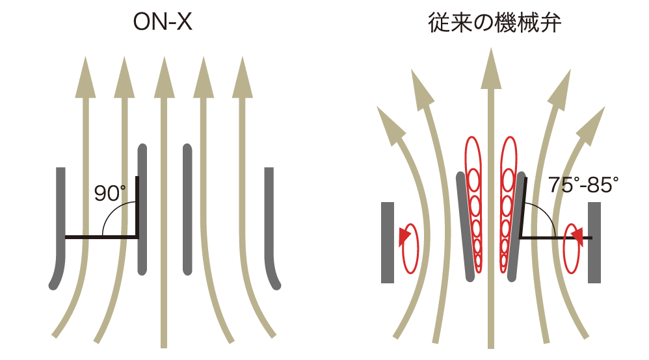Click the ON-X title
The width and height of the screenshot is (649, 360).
[x=163, y=22]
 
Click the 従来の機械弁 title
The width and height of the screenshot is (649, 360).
[x=494, y=23]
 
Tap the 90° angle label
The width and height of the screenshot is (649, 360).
[x=110, y=193]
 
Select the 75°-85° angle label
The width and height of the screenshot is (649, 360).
[x=583, y=185]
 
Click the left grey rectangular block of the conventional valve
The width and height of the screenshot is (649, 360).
[x=388, y=242]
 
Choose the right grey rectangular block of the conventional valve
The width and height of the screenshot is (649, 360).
[x=594, y=242]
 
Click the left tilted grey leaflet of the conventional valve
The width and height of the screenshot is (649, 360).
[x=465, y=227]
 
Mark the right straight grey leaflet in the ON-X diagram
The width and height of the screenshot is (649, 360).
[x=187, y=209]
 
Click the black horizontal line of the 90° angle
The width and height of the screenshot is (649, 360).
[x=102, y=237]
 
